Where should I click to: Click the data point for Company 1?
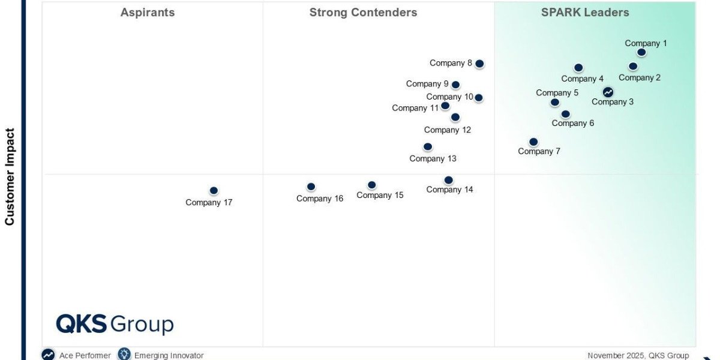[x=641, y=52]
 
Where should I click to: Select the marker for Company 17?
[x=214, y=191]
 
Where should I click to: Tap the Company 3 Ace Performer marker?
[x=608, y=92]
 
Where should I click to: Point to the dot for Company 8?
[x=479, y=64]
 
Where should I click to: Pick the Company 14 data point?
[x=448, y=180]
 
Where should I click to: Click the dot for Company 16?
[x=311, y=187]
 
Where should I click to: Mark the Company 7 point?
[x=533, y=142]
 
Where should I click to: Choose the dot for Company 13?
[x=428, y=146]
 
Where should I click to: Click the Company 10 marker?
[x=478, y=98]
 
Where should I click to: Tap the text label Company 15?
[x=380, y=195]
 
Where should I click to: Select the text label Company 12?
[x=448, y=130]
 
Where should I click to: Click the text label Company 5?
[x=557, y=92]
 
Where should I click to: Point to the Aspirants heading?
[x=148, y=13]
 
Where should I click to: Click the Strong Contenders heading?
[x=363, y=13]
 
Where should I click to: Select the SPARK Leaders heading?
[x=585, y=13]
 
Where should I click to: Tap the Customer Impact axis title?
[x=10, y=176]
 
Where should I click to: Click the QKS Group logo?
[x=115, y=324]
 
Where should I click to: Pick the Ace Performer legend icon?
[x=48, y=355]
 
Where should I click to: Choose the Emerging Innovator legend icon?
[x=124, y=355]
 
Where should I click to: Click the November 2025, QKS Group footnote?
[x=638, y=355]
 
